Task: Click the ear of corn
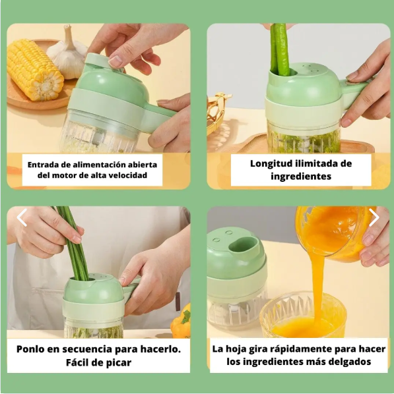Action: [34, 70]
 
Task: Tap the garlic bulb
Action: [67, 53]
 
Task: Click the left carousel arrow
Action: [22, 217]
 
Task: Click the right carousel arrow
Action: [374, 217]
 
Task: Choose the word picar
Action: [119, 363]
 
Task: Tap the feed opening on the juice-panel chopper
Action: [244, 244]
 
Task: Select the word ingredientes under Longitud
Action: [301, 177]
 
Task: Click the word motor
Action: [65, 175]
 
